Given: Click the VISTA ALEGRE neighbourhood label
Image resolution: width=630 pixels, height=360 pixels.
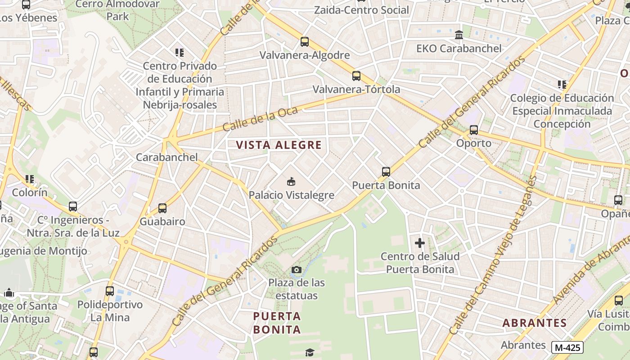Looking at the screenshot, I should (279, 145).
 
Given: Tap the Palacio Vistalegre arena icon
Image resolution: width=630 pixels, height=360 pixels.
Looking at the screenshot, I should (291, 182).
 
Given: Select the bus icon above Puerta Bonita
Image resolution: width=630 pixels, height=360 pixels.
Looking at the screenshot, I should (386, 171).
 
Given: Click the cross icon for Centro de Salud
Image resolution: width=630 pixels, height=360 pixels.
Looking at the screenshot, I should (419, 243).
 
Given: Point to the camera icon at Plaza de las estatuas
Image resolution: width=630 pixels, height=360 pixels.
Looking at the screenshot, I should (296, 270).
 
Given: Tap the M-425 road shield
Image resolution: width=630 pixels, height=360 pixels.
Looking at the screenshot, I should (567, 347).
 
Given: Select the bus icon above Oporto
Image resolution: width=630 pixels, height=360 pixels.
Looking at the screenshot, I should (473, 130).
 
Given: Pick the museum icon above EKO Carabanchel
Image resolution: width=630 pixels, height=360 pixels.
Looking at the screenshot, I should (459, 35).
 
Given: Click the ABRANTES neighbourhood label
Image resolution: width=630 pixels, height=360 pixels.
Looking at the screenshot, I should (534, 323).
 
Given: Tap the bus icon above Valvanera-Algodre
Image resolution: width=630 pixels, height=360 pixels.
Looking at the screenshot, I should (305, 42).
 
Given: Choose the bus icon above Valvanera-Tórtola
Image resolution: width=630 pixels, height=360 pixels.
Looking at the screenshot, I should (356, 76).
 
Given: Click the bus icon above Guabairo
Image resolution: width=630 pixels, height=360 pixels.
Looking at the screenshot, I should (162, 208).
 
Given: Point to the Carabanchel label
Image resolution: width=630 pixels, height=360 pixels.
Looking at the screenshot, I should (166, 157).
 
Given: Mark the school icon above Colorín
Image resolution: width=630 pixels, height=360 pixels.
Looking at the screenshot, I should (30, 179).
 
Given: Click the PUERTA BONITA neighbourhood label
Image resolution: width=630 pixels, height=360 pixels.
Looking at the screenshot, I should (277, 323).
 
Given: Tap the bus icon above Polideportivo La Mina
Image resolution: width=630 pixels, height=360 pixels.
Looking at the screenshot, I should (110, 291).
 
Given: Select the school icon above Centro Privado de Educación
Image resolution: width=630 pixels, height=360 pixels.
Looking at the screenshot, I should (180, 53).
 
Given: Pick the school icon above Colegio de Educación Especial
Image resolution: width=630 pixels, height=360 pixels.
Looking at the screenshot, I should (562, 85).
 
